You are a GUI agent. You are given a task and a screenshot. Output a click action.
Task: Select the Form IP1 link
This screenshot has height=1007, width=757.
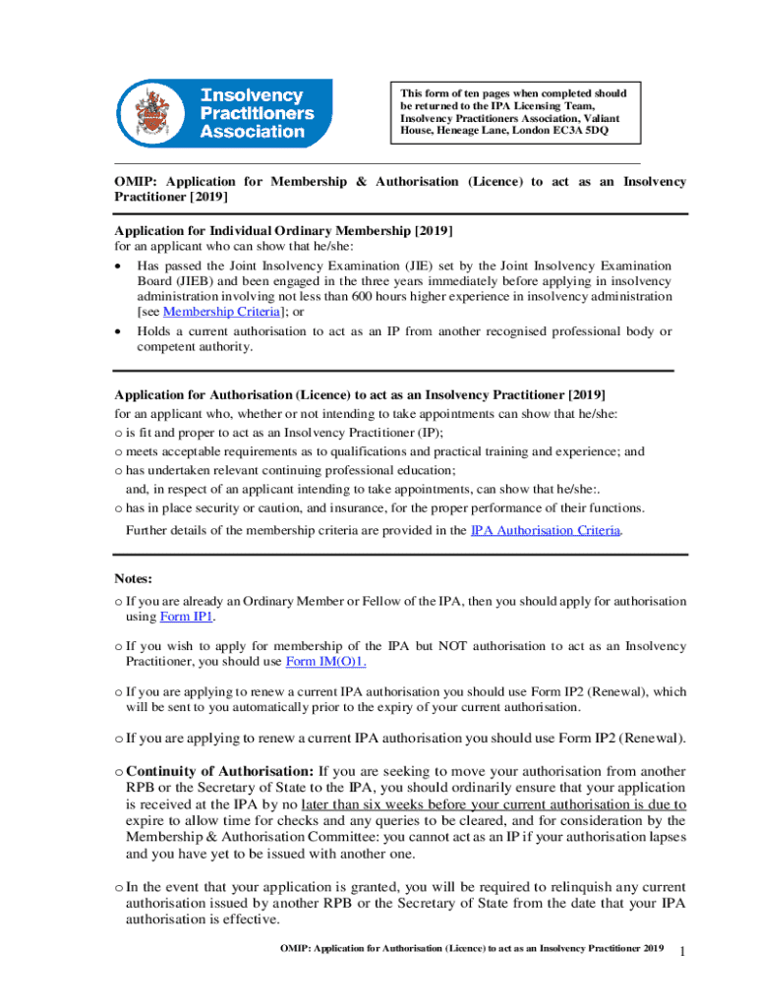click(186, 617)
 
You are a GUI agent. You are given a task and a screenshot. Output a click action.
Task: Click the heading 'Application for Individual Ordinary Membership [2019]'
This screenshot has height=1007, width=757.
click(283, 230)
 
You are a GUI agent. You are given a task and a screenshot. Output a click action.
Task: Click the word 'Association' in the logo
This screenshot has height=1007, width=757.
click(254, 132)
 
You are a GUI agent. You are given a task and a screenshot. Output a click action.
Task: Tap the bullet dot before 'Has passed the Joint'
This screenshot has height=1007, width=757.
click(119, 266)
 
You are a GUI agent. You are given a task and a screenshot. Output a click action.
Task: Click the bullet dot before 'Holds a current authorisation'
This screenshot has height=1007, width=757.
click(119, 331)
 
